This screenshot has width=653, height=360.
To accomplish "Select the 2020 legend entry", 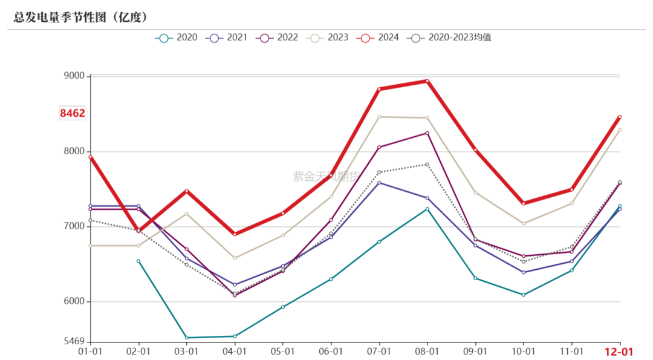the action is tap(176, 38).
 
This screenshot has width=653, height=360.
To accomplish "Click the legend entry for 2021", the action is tap(227, 38).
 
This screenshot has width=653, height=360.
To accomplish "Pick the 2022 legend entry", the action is tap(277, 38).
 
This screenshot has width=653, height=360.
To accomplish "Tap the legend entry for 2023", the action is tap(327, 38).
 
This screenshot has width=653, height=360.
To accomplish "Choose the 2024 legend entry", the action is tap(378, 38).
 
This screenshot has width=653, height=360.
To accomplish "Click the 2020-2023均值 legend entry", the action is tap(449, 38).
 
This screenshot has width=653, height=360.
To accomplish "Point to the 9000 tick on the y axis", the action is tap(74, 76).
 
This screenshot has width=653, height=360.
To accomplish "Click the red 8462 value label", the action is tap(73, 113).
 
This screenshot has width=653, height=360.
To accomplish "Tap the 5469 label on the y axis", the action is tap(74, 341).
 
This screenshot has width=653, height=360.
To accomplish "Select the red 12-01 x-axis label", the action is tap(619, 352).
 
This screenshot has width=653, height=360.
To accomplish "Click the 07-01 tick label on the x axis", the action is tap(379, 352).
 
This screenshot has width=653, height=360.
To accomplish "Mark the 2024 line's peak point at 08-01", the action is tap(427, 81).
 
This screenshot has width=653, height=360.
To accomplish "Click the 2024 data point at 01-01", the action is tap(90, 157).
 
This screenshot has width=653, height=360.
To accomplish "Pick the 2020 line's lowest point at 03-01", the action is tap(187, 338).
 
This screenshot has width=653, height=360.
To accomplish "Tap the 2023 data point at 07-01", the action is tap(379, 117).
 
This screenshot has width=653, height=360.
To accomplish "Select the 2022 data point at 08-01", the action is tap(427, 133).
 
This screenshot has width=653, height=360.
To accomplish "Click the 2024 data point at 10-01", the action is tap(524, 203).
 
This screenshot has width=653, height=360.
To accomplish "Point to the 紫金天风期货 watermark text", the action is tap(326, 177).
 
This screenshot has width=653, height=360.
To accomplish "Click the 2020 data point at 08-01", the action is tap(427, 209).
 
